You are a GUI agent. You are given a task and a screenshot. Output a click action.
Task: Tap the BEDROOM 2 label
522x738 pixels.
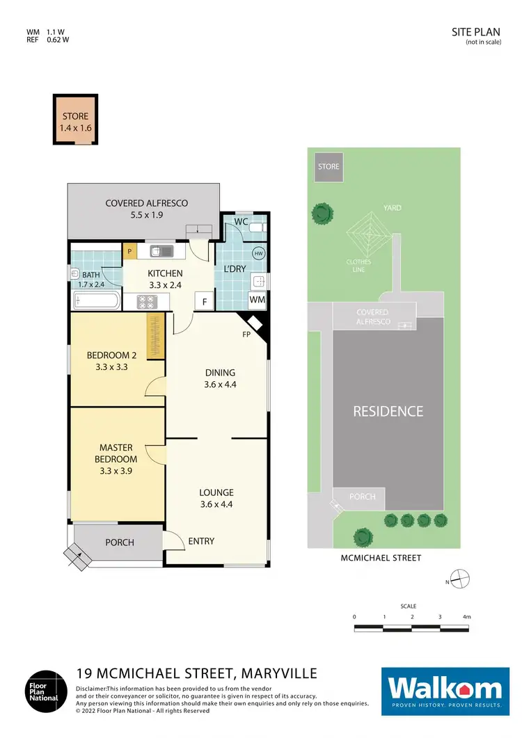111,361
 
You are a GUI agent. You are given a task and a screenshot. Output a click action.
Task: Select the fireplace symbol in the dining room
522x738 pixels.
255,324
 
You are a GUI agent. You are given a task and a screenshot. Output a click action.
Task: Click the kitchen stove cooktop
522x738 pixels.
148,302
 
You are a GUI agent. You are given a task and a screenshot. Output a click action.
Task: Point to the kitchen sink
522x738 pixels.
160,250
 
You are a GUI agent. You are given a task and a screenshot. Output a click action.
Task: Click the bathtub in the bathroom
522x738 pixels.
97,301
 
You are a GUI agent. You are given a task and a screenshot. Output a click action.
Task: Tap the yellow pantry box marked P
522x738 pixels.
129,250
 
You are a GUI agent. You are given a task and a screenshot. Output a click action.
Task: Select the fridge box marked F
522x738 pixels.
204,300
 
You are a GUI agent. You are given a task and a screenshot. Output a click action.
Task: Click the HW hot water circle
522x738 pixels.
259,254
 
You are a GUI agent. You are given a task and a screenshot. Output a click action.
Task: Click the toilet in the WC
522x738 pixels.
256,227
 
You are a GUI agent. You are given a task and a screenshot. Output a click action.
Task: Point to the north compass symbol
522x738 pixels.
461,578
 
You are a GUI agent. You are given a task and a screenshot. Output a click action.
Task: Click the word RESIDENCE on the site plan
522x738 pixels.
388,411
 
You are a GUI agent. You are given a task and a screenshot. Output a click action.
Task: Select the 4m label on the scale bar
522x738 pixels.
467,617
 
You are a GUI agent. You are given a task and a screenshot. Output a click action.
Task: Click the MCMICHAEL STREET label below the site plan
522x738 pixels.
380,558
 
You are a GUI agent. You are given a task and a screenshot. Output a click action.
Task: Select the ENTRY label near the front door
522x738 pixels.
201,541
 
